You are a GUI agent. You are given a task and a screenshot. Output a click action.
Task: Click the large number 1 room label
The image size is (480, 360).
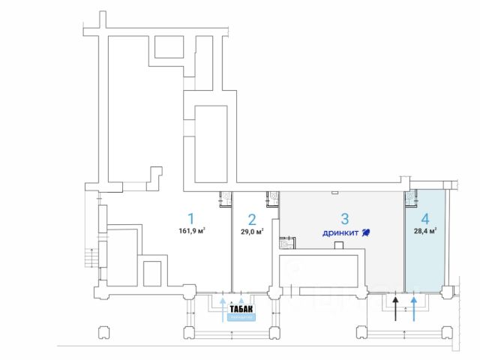click(x=190, y=218)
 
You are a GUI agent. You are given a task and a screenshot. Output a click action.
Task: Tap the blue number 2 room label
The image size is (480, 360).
click(x=252, y=220)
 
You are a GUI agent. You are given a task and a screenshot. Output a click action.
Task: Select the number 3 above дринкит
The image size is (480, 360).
click(x=345, y=219)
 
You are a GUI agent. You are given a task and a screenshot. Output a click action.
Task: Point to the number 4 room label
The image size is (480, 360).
click(x=425, y=219)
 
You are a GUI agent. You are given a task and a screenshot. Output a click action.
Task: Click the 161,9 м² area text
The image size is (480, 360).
click(x=192, y=231)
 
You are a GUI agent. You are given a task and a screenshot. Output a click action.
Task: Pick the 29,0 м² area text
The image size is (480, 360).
click(x=252, y=232)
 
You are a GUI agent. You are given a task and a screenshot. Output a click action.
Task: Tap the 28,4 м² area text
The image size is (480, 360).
click(x=425, y=231)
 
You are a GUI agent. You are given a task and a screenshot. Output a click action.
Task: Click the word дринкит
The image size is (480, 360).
click(x=340, y=232)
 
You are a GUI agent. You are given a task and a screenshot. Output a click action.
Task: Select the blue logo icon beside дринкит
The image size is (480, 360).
click(x=366, y=232)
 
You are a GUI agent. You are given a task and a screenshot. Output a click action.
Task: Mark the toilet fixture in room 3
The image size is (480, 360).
click(x=285, y=242)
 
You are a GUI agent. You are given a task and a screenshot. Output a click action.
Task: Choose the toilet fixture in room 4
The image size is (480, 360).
click(x=410, y=198)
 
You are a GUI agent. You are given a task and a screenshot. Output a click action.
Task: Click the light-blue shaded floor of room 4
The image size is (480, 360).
click(x=428, y=259)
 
